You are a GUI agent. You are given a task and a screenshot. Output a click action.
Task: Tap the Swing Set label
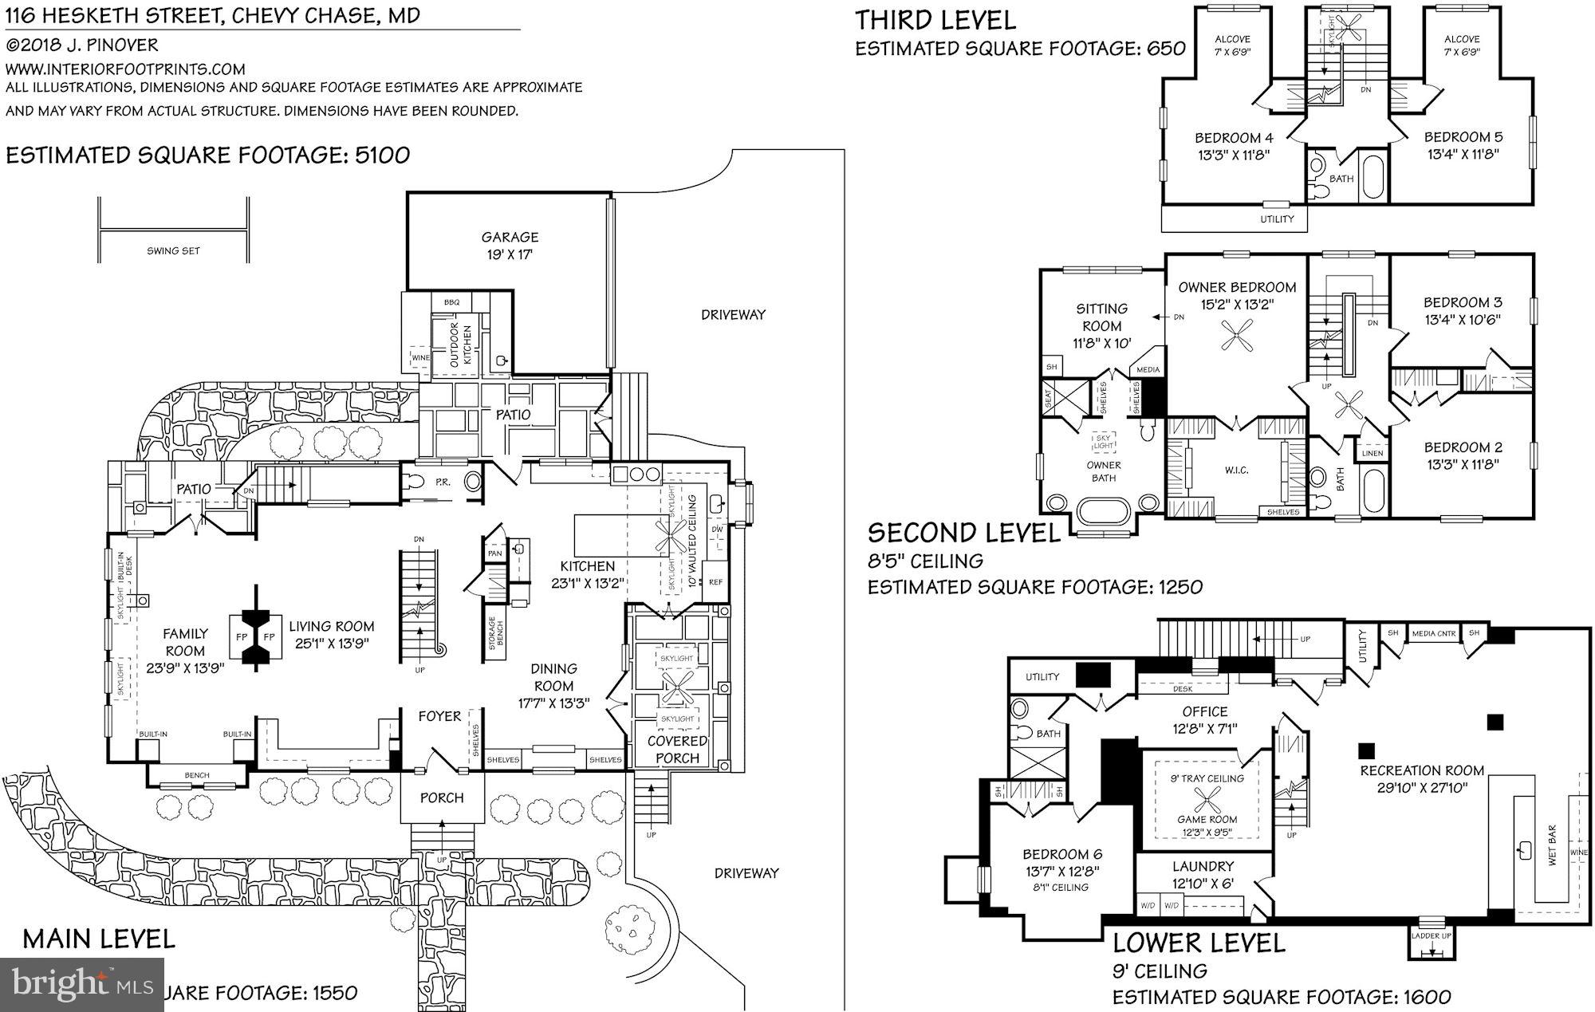pos(173,250)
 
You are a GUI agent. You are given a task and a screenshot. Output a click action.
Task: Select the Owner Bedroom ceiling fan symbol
pos(1237,337)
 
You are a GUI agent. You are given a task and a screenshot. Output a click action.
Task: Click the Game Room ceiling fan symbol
pos(1207,797)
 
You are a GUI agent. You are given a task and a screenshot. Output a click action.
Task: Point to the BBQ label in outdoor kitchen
pos(451,302)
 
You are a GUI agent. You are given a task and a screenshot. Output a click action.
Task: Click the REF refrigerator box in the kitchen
pos(715,582)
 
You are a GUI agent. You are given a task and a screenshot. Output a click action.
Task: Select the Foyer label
pos(439,716)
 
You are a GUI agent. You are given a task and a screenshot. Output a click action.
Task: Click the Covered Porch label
pos(677,750)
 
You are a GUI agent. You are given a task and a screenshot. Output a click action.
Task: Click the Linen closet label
pos(1372,453)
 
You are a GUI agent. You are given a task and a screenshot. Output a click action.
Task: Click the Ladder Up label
pos(1432,936)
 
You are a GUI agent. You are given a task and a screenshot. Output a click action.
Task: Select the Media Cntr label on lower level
pos(1434,633)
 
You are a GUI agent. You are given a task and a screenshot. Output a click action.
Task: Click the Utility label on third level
pos(1277,219)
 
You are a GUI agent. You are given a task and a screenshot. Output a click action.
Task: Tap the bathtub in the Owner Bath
pos(1103,510)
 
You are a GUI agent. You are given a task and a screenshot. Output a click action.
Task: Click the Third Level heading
pos(935,20)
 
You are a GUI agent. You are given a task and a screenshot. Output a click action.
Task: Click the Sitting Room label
pos(1101,325)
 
